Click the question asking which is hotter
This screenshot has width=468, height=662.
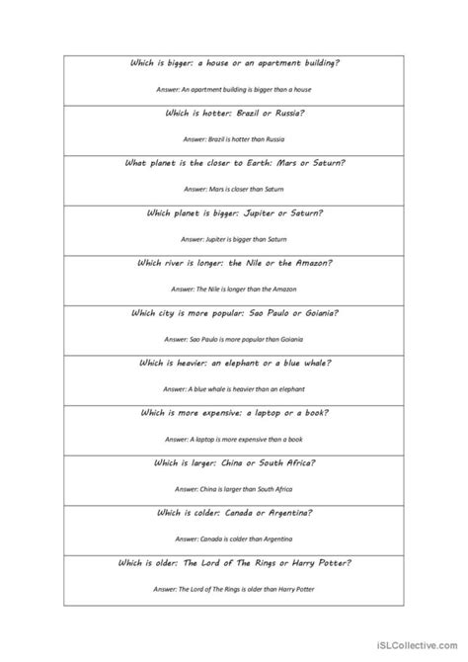(233, 114)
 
